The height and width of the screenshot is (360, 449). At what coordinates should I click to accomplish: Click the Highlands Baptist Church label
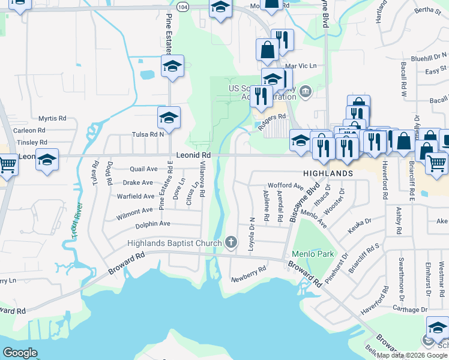(175, 243)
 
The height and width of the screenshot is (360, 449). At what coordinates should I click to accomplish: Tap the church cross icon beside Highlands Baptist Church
(231, 243)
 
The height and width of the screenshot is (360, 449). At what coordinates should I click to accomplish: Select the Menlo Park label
(313, 254)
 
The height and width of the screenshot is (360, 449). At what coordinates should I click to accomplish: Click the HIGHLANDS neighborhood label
(328, 173)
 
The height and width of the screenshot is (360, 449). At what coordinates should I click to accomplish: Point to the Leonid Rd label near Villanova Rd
(193, 155)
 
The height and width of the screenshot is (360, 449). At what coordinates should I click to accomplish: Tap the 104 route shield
(184, 6)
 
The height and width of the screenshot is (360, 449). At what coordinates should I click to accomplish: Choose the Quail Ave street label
(143, 169)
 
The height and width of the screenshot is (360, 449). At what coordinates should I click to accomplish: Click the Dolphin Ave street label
(152, 224)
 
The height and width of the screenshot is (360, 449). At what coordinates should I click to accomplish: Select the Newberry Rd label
(249, 275)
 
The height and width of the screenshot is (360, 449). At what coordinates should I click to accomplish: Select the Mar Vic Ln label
(300, 65)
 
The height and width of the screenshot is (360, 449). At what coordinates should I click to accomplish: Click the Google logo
(20, 353)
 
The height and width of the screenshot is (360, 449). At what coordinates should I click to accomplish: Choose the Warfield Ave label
(136, 196)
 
